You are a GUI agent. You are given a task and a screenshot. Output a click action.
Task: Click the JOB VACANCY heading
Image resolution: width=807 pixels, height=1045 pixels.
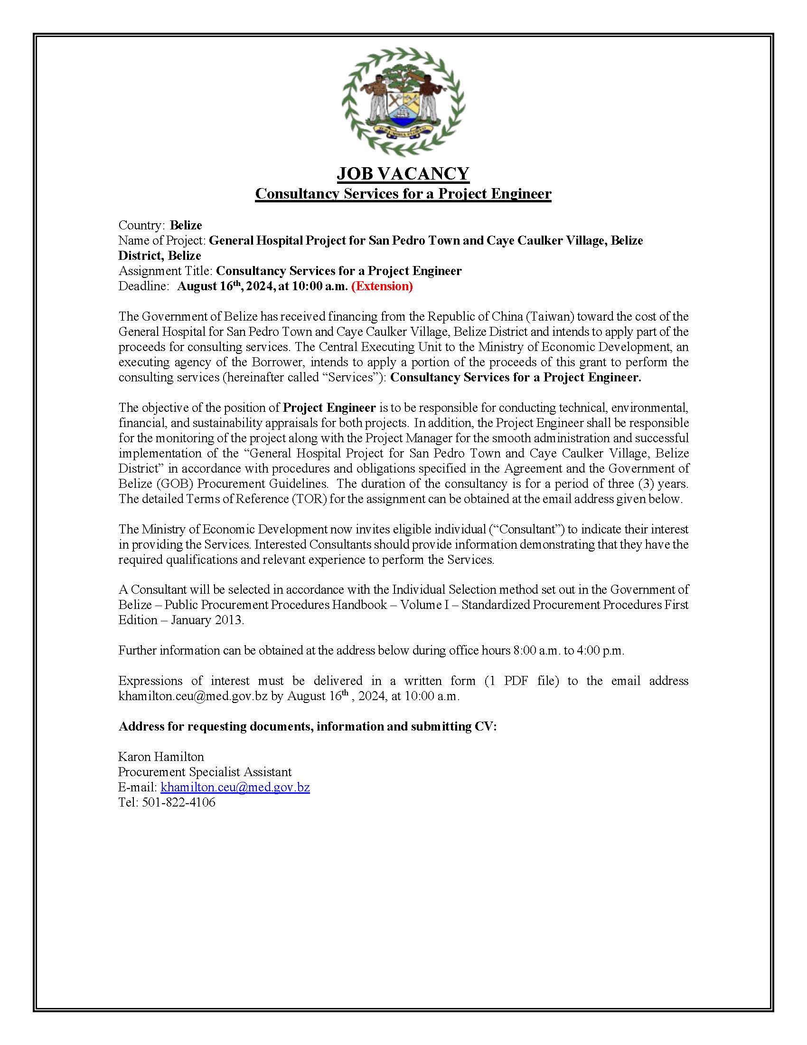[x=403, y=173]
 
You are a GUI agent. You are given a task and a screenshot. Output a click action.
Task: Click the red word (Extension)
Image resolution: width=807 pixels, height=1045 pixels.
[x=382, y=286]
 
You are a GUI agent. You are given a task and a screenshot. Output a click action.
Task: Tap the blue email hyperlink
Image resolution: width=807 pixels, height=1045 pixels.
[x=235, y=787]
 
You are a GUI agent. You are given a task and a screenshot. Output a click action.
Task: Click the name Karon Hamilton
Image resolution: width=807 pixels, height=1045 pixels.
[x=161, y=757]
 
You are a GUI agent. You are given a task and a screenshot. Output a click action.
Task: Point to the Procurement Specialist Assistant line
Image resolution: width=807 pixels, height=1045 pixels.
[x=205, y=772]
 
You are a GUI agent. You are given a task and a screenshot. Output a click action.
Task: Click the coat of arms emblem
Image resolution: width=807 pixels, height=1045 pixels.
[x=403, y=103]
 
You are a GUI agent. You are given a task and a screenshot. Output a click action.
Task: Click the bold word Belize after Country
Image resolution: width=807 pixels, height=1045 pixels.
[x=186, y=225]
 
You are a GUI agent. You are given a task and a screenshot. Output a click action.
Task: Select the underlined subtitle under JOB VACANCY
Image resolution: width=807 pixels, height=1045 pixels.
[x=403, y=194]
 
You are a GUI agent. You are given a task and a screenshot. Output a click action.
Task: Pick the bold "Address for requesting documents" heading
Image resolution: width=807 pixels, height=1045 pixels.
[x=308, y=726]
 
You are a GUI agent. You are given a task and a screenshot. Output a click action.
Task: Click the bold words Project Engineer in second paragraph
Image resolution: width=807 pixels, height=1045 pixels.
[x=329, y=408]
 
